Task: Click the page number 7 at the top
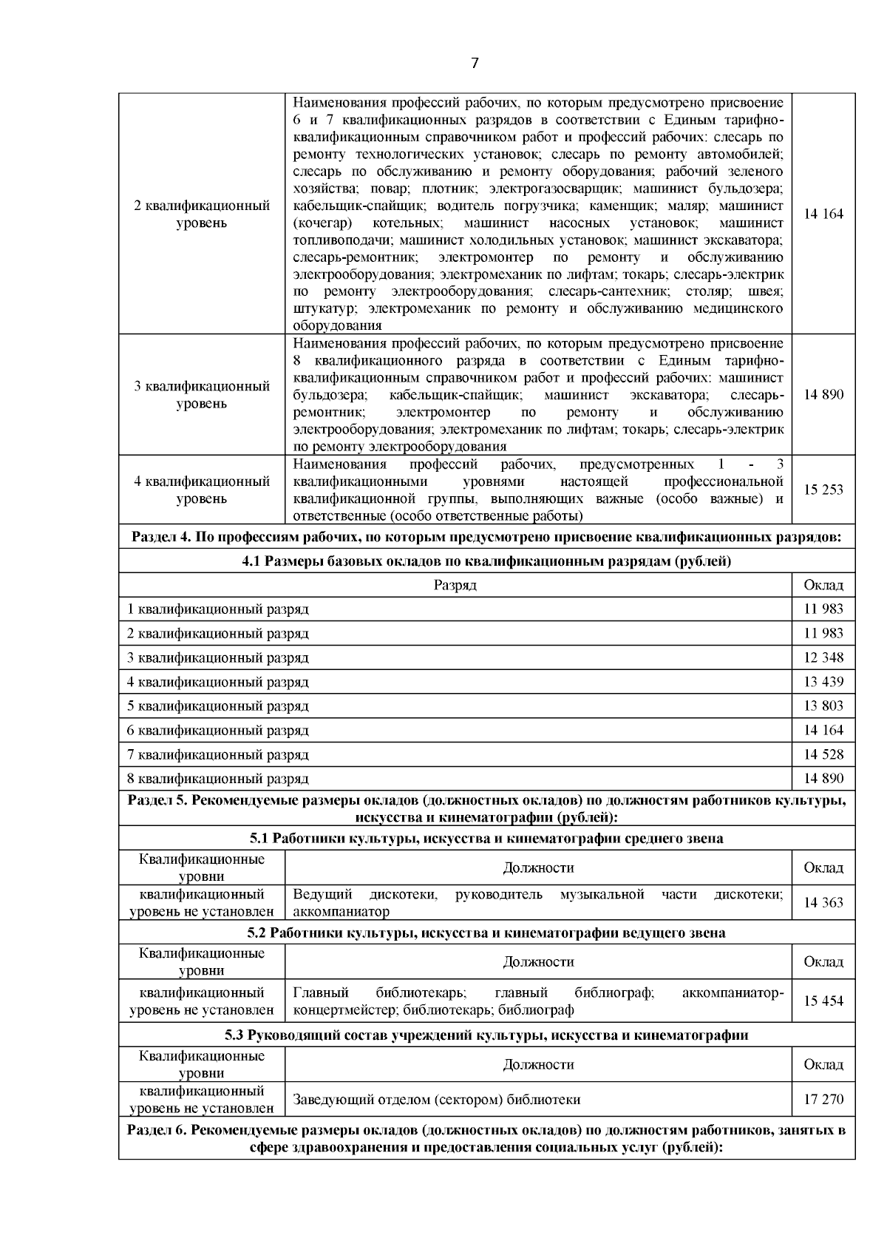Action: [475, 64]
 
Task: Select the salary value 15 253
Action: [823, 490]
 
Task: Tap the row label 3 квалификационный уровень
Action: [201, 394]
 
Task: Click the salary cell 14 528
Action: [823, 754]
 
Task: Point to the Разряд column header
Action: [455, 585]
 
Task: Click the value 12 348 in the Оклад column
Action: [823, 657]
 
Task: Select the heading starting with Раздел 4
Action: [486, 537]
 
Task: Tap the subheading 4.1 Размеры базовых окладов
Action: [486, 561]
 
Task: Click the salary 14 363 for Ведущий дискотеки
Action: [823, 902]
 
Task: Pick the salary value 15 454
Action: [823, 1000]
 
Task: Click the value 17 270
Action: [823, 1099]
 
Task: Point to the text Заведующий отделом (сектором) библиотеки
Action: [436, 1099]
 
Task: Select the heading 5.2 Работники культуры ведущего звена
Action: [486, 933]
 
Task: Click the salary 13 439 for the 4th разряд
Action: [823, 682]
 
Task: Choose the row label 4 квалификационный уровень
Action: [201, 490]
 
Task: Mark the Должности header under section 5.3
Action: [538, 1064]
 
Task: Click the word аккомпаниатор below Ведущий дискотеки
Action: [341, 912]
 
